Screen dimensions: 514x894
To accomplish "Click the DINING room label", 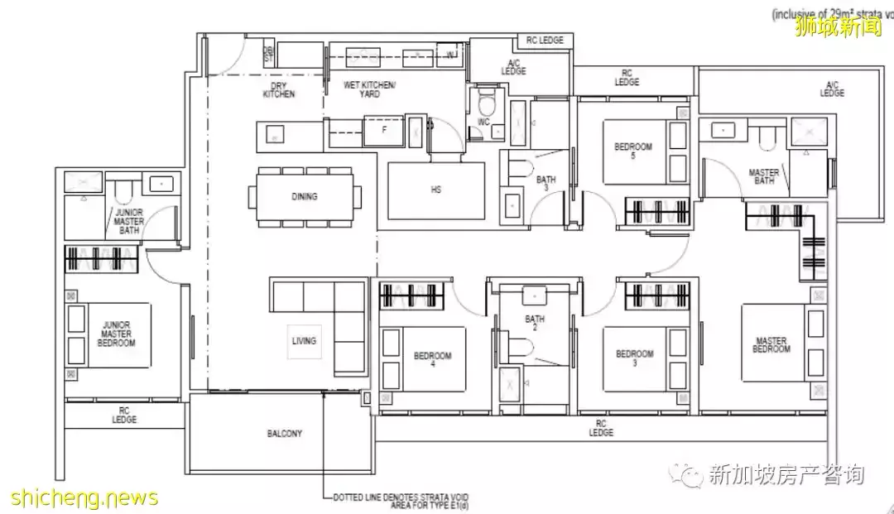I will (x=304, y=196).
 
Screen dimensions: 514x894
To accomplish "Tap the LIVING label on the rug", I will (x=304, y=340).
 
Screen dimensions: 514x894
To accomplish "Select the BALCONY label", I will (x=284, y=433).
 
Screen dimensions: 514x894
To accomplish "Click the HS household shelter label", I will (x=435, y=190).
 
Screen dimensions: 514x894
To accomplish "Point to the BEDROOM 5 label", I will (x=633, y=151).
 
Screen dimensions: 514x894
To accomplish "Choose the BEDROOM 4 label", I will (x=432, y=361).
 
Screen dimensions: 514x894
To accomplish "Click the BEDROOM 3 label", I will (x=634, y=358).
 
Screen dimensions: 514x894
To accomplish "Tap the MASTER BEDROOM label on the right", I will (x=771, y=344).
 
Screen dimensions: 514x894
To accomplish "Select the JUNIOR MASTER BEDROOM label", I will (x=113, y=334).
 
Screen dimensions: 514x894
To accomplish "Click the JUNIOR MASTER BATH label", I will (x=128, y=221).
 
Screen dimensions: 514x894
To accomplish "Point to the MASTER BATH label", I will (x=763, y=177).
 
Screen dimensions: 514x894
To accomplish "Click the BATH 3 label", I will (x=546, y=184).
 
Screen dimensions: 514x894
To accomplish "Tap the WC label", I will (x=483, y=123).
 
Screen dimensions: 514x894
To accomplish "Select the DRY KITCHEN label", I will (x=278, y=90).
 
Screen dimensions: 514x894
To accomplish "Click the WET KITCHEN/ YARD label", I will (x=369, y=90).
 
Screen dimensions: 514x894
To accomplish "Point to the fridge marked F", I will (x=384, y=130).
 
